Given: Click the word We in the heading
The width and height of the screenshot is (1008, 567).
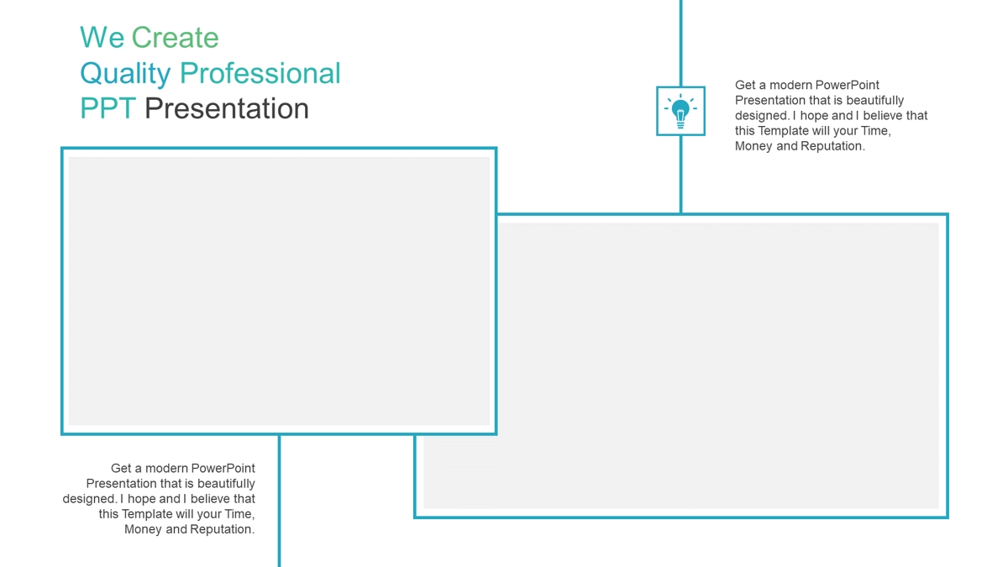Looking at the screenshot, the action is pos(102,37).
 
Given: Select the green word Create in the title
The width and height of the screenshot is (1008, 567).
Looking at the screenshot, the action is pos(175,37).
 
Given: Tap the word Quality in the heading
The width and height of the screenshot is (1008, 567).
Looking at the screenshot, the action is pos(125,74).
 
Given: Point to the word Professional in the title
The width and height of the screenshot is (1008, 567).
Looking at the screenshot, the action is pos(260,73).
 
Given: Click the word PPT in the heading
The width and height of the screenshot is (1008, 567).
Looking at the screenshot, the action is pos(108,108).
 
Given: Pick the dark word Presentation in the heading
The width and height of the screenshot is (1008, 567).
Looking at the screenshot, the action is pos(227,108).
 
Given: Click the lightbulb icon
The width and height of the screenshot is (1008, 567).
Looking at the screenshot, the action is pos(680,111).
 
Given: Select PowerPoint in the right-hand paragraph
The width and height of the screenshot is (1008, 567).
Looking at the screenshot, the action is pos(848,85).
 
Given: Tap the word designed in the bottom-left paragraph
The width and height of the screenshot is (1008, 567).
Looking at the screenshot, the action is pos(90,500).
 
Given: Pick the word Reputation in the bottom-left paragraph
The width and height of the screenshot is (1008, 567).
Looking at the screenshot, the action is pos(223,530).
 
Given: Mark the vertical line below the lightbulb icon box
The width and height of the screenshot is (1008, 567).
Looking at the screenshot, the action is pos(681,174).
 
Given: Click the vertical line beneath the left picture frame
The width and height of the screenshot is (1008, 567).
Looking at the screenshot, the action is pos(279,501).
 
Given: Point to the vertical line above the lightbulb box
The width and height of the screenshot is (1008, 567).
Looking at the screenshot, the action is pos(681,43).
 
